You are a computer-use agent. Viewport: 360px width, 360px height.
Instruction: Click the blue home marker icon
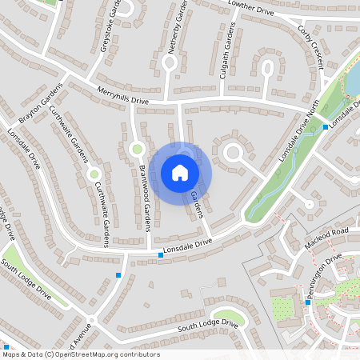point(180,172)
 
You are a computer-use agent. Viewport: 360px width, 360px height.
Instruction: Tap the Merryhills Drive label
point(122,96)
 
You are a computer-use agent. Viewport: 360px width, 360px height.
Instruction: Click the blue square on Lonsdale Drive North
point(326,126)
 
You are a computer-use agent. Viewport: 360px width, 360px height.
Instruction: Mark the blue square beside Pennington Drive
point(308,302)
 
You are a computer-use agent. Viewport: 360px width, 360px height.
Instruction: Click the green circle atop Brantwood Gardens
point(136,148)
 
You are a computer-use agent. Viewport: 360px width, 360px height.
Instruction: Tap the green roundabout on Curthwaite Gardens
point(94,174)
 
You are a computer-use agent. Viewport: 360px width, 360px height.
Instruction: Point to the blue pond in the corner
point(352,76)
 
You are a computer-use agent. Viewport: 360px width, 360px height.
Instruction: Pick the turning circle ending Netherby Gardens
point(169,81)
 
